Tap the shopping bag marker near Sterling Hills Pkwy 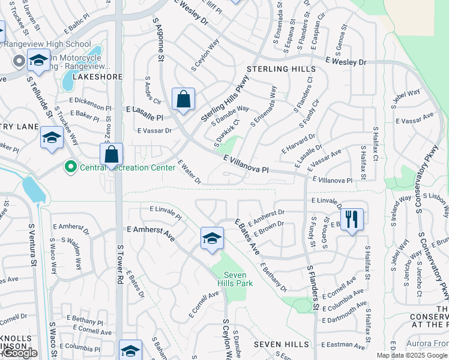point(183,99)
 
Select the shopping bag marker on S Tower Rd point(112,154)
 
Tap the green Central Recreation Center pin point(71,167)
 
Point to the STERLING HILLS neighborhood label point(280,70)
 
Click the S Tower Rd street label point(120,264)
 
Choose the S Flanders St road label point(313,288)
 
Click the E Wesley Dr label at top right point(346,62)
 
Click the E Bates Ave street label point(246,238)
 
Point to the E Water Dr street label point(188,171)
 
